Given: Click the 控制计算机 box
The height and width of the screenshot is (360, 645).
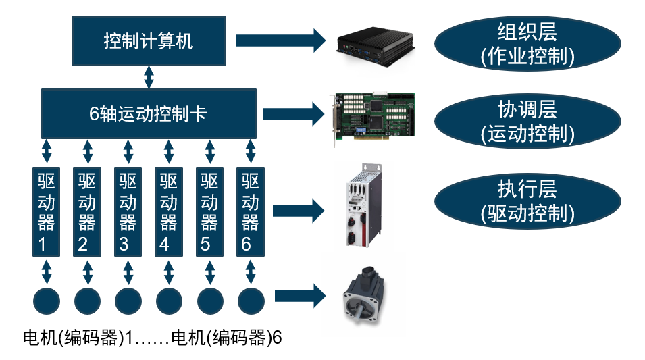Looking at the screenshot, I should (148, 41).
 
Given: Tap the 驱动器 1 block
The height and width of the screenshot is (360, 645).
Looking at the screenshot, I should (47, 211).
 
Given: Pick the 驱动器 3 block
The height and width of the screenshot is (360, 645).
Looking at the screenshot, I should (128, 211).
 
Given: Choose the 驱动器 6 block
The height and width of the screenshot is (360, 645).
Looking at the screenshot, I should (251, 211).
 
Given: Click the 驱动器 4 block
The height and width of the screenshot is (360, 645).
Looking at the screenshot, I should (169, 211).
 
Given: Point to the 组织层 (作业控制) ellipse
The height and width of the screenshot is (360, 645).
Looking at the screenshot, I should (527, 43).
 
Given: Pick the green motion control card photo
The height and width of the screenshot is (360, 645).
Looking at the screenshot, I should (375, 117).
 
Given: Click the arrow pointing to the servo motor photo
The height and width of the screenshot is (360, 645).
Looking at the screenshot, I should (301, 295).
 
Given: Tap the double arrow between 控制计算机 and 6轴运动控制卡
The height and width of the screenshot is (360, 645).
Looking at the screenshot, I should (149, 77).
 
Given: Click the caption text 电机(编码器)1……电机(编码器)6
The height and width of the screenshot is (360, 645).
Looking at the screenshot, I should (152, 338).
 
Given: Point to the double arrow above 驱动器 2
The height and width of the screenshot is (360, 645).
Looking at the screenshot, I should (87, 151).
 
